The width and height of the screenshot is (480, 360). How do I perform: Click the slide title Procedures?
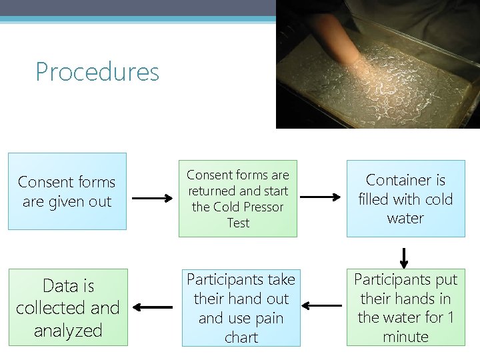97,72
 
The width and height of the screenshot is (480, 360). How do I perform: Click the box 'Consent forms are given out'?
67,191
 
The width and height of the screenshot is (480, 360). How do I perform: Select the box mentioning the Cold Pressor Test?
238,199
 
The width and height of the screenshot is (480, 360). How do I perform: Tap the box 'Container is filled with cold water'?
405,199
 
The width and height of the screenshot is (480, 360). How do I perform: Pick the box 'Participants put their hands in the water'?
405,307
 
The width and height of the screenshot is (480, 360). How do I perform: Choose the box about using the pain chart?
241,307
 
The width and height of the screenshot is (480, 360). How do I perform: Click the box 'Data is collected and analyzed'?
68,307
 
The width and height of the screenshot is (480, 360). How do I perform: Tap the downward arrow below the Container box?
404,256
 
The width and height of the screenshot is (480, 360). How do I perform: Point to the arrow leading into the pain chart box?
321,307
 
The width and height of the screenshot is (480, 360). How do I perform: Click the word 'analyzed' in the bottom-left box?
68,330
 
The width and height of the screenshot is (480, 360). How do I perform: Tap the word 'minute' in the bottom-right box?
405,337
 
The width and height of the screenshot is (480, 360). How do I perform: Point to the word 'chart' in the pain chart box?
241,337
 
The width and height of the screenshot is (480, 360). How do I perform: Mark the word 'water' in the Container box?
405,218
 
